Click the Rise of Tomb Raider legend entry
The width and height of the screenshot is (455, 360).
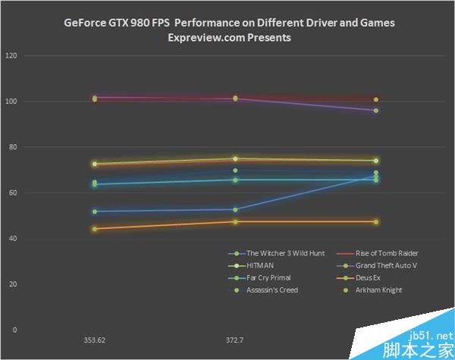[x=386, y=253]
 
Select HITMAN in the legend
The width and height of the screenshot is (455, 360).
[x=259, y=265]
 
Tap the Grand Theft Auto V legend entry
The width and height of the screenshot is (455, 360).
[x=386, y=265]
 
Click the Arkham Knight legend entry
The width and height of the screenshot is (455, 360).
[x=381, y=290]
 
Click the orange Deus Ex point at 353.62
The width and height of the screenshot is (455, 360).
[x=95, y=228]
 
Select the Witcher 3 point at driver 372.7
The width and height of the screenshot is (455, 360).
[x=235, y=209]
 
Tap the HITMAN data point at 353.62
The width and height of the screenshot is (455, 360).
[x=95, y=164]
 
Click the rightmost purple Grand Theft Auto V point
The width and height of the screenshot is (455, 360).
[x=375, y=111]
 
